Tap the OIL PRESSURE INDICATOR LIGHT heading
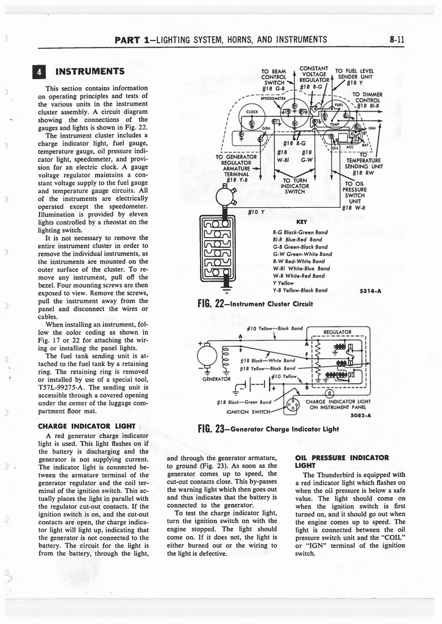coord(341,461)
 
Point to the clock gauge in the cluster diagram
coord(251,112)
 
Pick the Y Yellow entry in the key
coord(284,283)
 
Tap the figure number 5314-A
coord(370,291)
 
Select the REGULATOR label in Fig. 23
coord(338,332)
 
